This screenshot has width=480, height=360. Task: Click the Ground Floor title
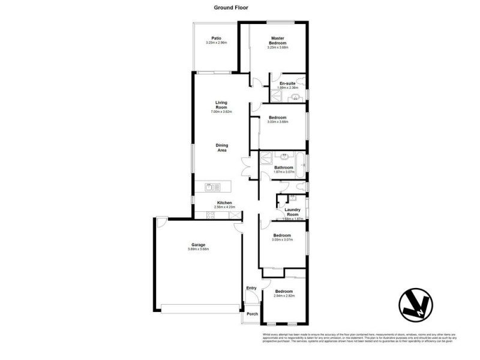[x=231, y=8]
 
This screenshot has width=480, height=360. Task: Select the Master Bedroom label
[x=278, y=41]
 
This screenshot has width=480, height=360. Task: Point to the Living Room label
[x=221, y=106]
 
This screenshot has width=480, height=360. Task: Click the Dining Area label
[x=221, y=147]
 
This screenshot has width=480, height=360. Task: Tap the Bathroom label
[x=284, y=167]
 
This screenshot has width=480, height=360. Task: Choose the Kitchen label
[x=225, y=203]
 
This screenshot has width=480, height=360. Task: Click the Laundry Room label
[x=292, y=212]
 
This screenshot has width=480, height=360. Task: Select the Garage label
[x=199, y=245]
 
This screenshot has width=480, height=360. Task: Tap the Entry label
[x=251, y=288]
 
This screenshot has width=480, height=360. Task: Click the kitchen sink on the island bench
[x=209, y=187]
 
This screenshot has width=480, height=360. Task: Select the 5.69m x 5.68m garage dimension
[x=199, y=250]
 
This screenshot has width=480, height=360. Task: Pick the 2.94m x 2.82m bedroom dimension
[x=284, y=296]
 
